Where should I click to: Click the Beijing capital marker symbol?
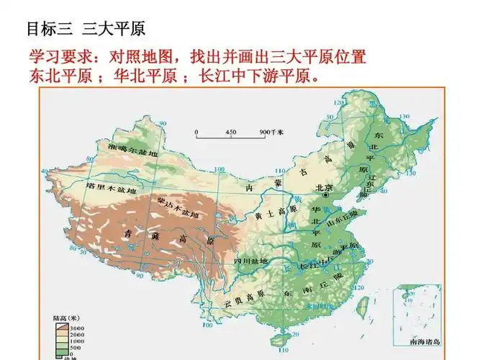click(x=325, y=194)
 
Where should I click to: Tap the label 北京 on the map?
click(x=323, y=186)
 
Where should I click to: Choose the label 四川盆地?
click(x=250, y=260)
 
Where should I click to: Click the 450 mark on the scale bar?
click(x=230, y=132)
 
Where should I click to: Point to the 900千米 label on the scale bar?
click(x=271, y=132)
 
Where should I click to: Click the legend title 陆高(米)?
click(x=66, y=318)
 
